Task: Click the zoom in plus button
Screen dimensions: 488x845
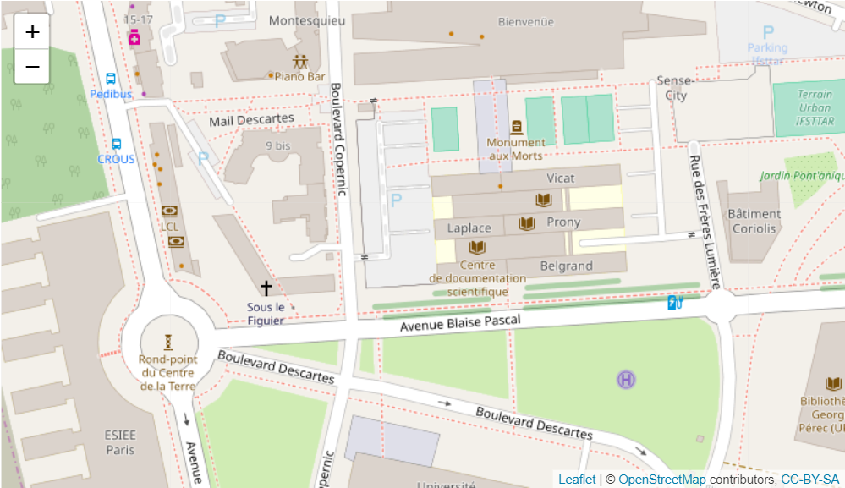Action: click(x=32, y=32)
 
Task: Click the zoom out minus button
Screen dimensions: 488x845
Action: click(x=32, y=66)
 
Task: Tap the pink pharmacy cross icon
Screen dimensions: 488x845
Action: click(x=134, y=36)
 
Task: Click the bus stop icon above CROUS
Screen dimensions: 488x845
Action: click(x=116, y=145)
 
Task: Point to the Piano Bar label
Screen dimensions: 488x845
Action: click(x=299, y=76)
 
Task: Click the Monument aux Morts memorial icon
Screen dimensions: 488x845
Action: click(x=516, y=128)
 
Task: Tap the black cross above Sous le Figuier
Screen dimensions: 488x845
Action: click(x=266, y=288)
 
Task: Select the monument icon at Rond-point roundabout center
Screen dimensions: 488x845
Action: click(x=167, y=342)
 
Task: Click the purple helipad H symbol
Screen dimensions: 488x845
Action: click(x=626, y=380)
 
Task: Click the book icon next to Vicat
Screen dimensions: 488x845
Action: click(x=543, y=200)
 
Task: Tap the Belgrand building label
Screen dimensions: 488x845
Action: click(x=566, y=266)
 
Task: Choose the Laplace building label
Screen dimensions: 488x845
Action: click(x=469, y=228)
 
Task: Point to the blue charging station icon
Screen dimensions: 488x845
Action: click(x=674, y=302)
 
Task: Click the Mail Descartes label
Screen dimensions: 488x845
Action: click(x=251, y=120)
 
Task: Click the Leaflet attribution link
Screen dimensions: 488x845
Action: click(x=576, y=480)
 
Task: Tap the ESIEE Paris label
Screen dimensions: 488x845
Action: click(x=120, y=442)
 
